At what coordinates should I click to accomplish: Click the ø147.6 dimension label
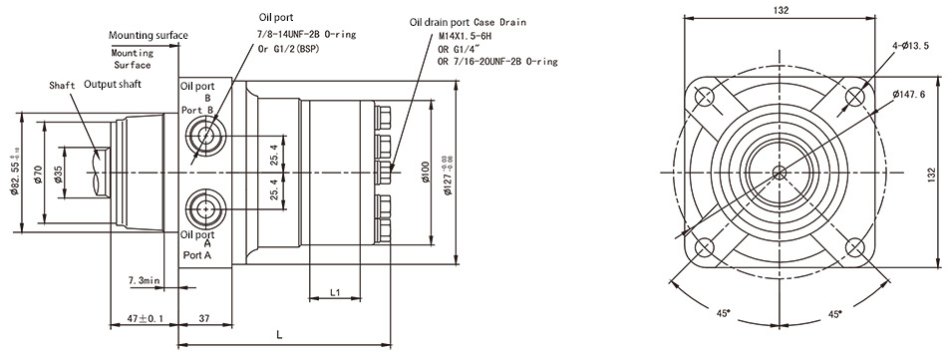(909, 94)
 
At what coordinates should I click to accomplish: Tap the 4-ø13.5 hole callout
(908, 46)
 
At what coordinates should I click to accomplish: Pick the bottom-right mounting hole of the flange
(855, 246)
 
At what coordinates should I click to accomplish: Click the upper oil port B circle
(206, 135)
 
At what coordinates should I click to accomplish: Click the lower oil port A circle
(206, 208)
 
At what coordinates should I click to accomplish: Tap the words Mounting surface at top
(149, 36)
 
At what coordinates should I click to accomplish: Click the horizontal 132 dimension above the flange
(781, 10)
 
